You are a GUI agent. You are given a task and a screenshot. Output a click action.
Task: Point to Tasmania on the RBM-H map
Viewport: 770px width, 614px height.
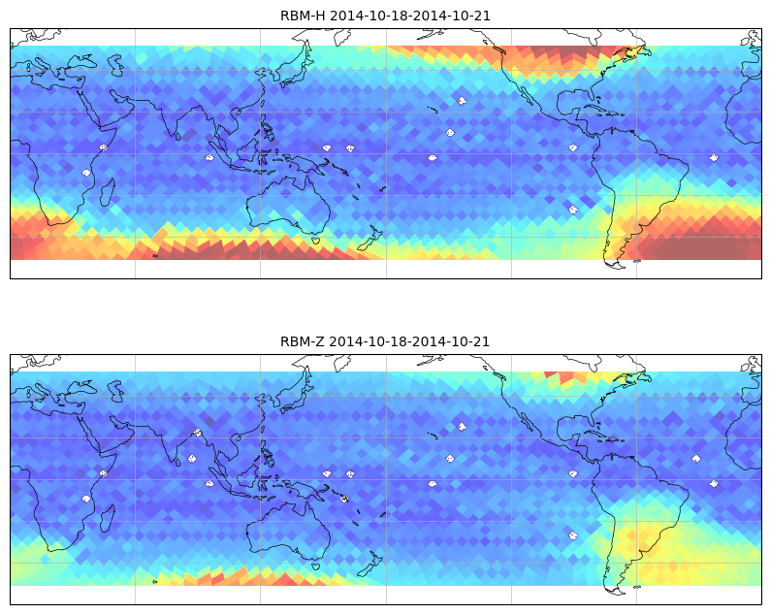tap(315, 240)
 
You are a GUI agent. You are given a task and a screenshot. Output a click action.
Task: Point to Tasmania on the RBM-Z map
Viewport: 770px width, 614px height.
tap(315, 566)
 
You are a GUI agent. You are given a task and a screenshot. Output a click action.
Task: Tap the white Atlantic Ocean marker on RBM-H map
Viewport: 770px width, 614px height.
tap(713, 157)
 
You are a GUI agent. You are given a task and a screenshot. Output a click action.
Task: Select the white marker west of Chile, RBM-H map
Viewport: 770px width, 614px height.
tap(573, 209)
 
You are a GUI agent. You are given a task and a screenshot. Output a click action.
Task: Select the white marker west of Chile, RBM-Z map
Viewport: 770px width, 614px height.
tap(573, 534)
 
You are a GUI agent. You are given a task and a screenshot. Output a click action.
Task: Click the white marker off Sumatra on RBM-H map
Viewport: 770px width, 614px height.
tap(209, 157)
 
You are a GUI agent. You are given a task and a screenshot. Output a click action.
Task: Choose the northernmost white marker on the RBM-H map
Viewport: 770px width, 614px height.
tap(462, 100)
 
